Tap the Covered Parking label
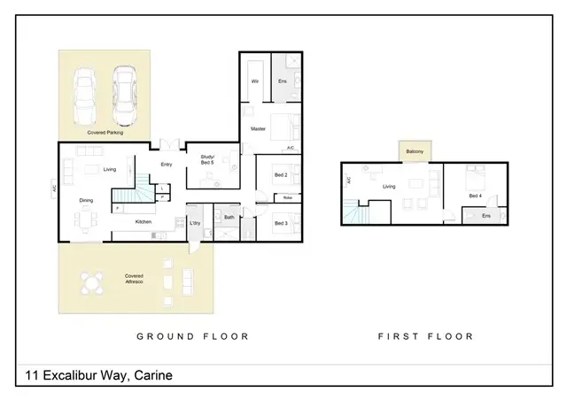point(104,132)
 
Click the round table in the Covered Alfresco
point(90,284)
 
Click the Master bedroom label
point(258,129)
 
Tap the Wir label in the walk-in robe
point(254,81)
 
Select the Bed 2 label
point(280,175)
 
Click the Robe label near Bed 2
point(288,197)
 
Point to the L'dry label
point(195,222)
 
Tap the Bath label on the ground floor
point(229,217)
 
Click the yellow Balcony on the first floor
point(415,152)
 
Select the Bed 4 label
point(475,196)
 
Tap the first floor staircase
point(359,212)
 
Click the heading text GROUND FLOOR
point(192,336)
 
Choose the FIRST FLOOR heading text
point(425,336)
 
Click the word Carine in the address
point(153,376)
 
